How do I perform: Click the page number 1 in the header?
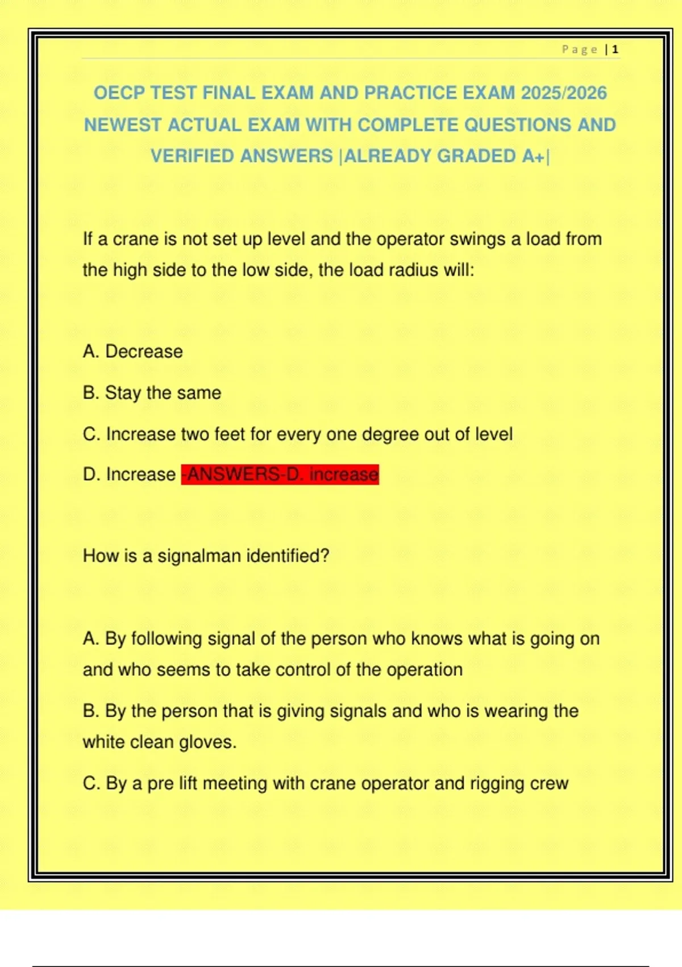pos(615,49)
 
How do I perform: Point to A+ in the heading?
pos(533,156)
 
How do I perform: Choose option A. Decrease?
pos(133,352)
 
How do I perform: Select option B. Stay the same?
pos(152,393)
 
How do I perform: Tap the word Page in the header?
pos(579,49)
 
